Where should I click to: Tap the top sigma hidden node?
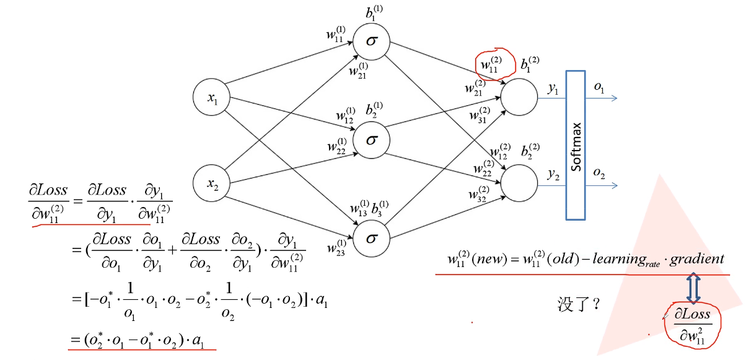tap(371, 42)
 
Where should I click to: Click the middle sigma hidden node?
tap(371, 139)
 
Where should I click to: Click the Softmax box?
tap(576, 145)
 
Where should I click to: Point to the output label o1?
tap(599, 88)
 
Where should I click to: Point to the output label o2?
tap(599, 174)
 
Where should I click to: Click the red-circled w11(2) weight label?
tap(489, 64)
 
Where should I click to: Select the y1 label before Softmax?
tap(553, 89)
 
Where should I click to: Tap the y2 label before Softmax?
tap(553, 176)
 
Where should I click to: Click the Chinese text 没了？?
tap(578, 305)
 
